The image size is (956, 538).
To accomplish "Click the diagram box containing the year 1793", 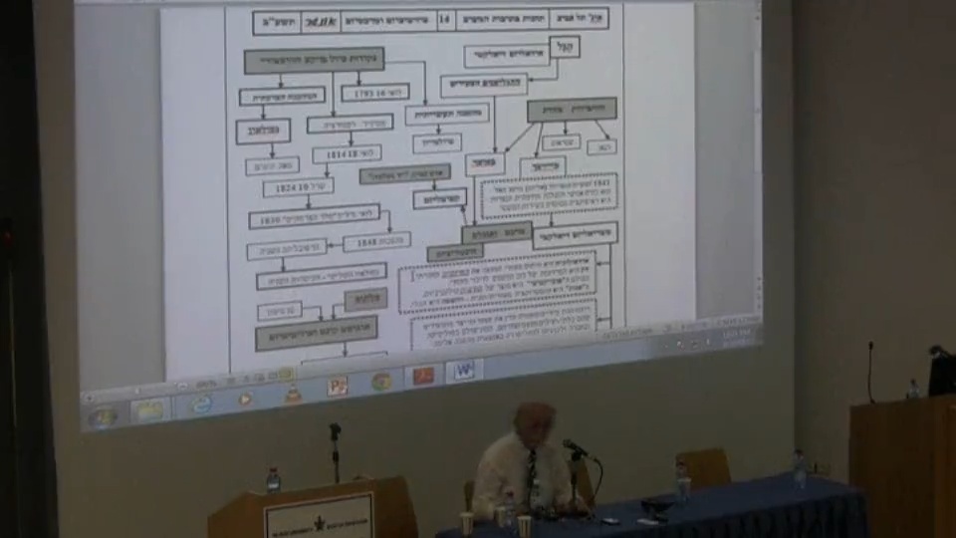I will tap(374, 92).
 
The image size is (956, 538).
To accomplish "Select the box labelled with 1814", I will tap(347, 154).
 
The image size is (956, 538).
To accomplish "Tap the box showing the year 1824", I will tap(298, 187).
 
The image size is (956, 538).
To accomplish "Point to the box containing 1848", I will tap(375, 242).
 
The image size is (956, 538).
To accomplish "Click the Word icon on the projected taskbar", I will tap(463, 371).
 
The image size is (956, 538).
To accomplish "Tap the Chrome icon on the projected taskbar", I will tap(381, 381).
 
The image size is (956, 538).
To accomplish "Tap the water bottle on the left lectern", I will tap(273, 480).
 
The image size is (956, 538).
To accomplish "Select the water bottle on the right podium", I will tap(912, 389).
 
